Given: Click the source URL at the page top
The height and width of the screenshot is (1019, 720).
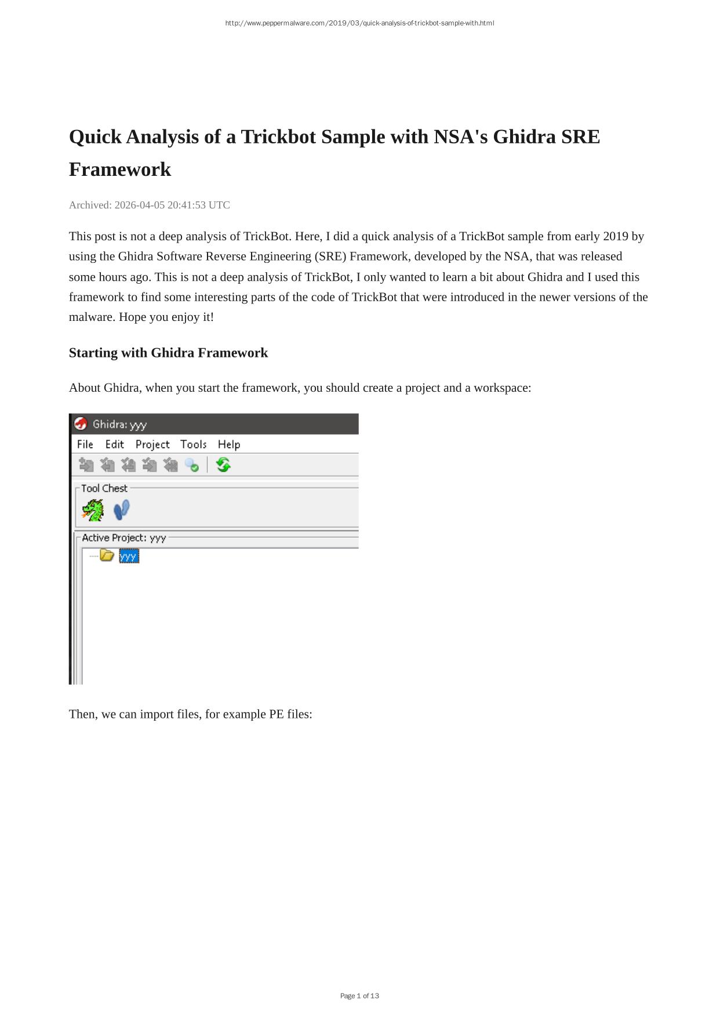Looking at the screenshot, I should coord(359,23).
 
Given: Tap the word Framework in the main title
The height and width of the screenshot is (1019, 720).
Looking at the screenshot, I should coord(120,169).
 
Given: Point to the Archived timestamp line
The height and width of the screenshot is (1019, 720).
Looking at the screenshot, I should coord(150,205).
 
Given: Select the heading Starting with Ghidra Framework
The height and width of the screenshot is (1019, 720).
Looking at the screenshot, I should coord(168,353).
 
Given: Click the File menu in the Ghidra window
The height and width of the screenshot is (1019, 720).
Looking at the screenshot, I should coord(85,445).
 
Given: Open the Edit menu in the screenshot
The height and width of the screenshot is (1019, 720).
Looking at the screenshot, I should coord(114,445).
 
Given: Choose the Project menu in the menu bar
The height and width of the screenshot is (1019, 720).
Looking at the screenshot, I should coord(152,445).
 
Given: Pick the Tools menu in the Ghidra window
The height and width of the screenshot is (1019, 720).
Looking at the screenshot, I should coord(193,445).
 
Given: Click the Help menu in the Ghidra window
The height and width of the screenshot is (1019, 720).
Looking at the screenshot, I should coord(229,445).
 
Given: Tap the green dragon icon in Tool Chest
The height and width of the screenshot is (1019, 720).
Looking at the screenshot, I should coord(93,511).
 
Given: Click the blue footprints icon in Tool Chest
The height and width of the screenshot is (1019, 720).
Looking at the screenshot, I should coord(121,510).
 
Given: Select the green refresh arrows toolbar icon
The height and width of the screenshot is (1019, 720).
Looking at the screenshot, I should coord(223,465).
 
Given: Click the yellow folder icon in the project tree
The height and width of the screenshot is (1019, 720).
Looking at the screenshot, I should coord(107,555).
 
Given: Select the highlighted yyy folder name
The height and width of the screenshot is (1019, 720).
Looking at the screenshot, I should coord(129,557).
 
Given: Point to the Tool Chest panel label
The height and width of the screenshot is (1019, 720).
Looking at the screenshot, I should coord(104,489).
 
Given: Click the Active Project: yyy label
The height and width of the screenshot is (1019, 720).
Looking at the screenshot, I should coord(124,538).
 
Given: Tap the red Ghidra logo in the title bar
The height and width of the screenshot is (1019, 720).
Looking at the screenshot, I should coord(81,424).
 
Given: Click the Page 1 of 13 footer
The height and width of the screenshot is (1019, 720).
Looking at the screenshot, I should coord(359,996).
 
